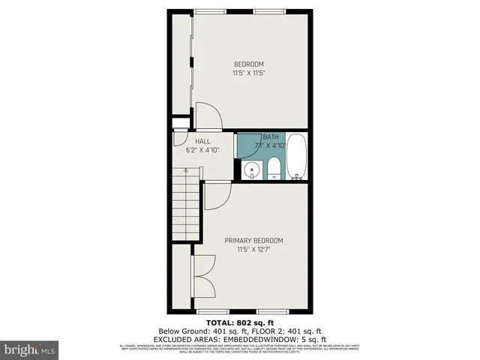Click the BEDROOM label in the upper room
(248, 64)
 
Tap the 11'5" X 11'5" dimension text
(248, 73)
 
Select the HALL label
(202, 141)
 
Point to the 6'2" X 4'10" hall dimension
(202, 150)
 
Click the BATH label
(269, 136)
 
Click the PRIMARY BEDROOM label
(253, 241)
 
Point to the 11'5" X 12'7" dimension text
(253, 250)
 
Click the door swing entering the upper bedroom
(208, 117)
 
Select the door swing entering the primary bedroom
(216, 196)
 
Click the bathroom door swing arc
(246, 145)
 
